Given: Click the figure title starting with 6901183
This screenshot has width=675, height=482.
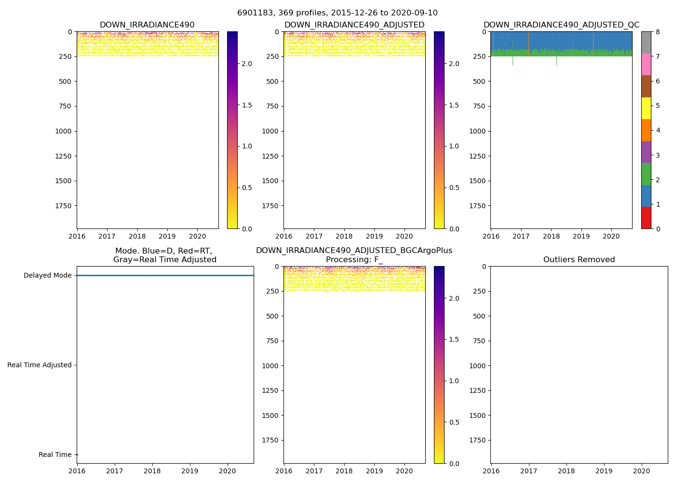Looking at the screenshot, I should coord(337,13).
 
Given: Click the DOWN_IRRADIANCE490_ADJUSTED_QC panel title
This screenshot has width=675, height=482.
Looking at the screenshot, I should coord(561,25).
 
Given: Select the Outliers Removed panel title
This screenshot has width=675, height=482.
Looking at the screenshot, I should coord(579,260).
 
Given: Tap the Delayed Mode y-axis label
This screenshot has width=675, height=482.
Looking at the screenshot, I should coord(47,276).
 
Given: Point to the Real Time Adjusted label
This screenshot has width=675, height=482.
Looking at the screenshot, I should coord(39,365).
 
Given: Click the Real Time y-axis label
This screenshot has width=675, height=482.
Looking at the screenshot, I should coord(55,455).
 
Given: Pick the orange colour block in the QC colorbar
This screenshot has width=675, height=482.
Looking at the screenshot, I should coord(646,130).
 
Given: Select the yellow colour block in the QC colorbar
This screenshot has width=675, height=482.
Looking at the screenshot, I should coord(646,108).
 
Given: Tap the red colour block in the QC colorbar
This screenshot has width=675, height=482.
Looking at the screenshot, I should coord(646,218).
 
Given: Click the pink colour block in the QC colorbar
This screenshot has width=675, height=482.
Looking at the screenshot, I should coord(646,64).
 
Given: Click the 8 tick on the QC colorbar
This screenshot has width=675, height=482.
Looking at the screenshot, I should coord(658,32).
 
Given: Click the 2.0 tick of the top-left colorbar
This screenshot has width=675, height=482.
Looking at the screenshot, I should coord(247,64).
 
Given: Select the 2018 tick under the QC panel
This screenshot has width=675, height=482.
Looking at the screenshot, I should coord(551,237).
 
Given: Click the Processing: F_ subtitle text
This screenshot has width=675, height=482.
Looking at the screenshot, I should coord(354,260).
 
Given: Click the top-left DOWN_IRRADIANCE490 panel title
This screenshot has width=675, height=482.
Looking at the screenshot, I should coord(147,25).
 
